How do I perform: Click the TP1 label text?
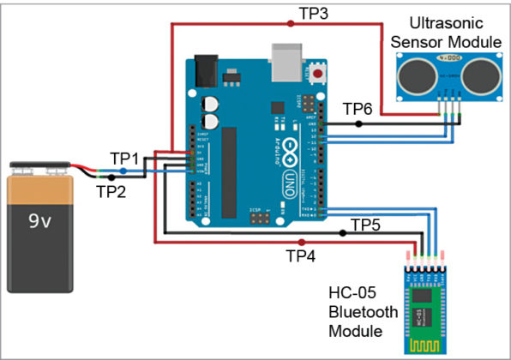point(123,158)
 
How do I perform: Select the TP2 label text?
point(111,191)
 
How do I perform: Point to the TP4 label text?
point(301,255)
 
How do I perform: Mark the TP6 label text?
point(358,109)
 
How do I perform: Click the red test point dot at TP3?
point(291,24)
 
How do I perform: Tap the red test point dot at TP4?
point(300,242)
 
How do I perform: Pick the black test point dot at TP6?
point(359,123)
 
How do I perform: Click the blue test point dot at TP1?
point(123,171)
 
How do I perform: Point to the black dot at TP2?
point(110,177)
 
